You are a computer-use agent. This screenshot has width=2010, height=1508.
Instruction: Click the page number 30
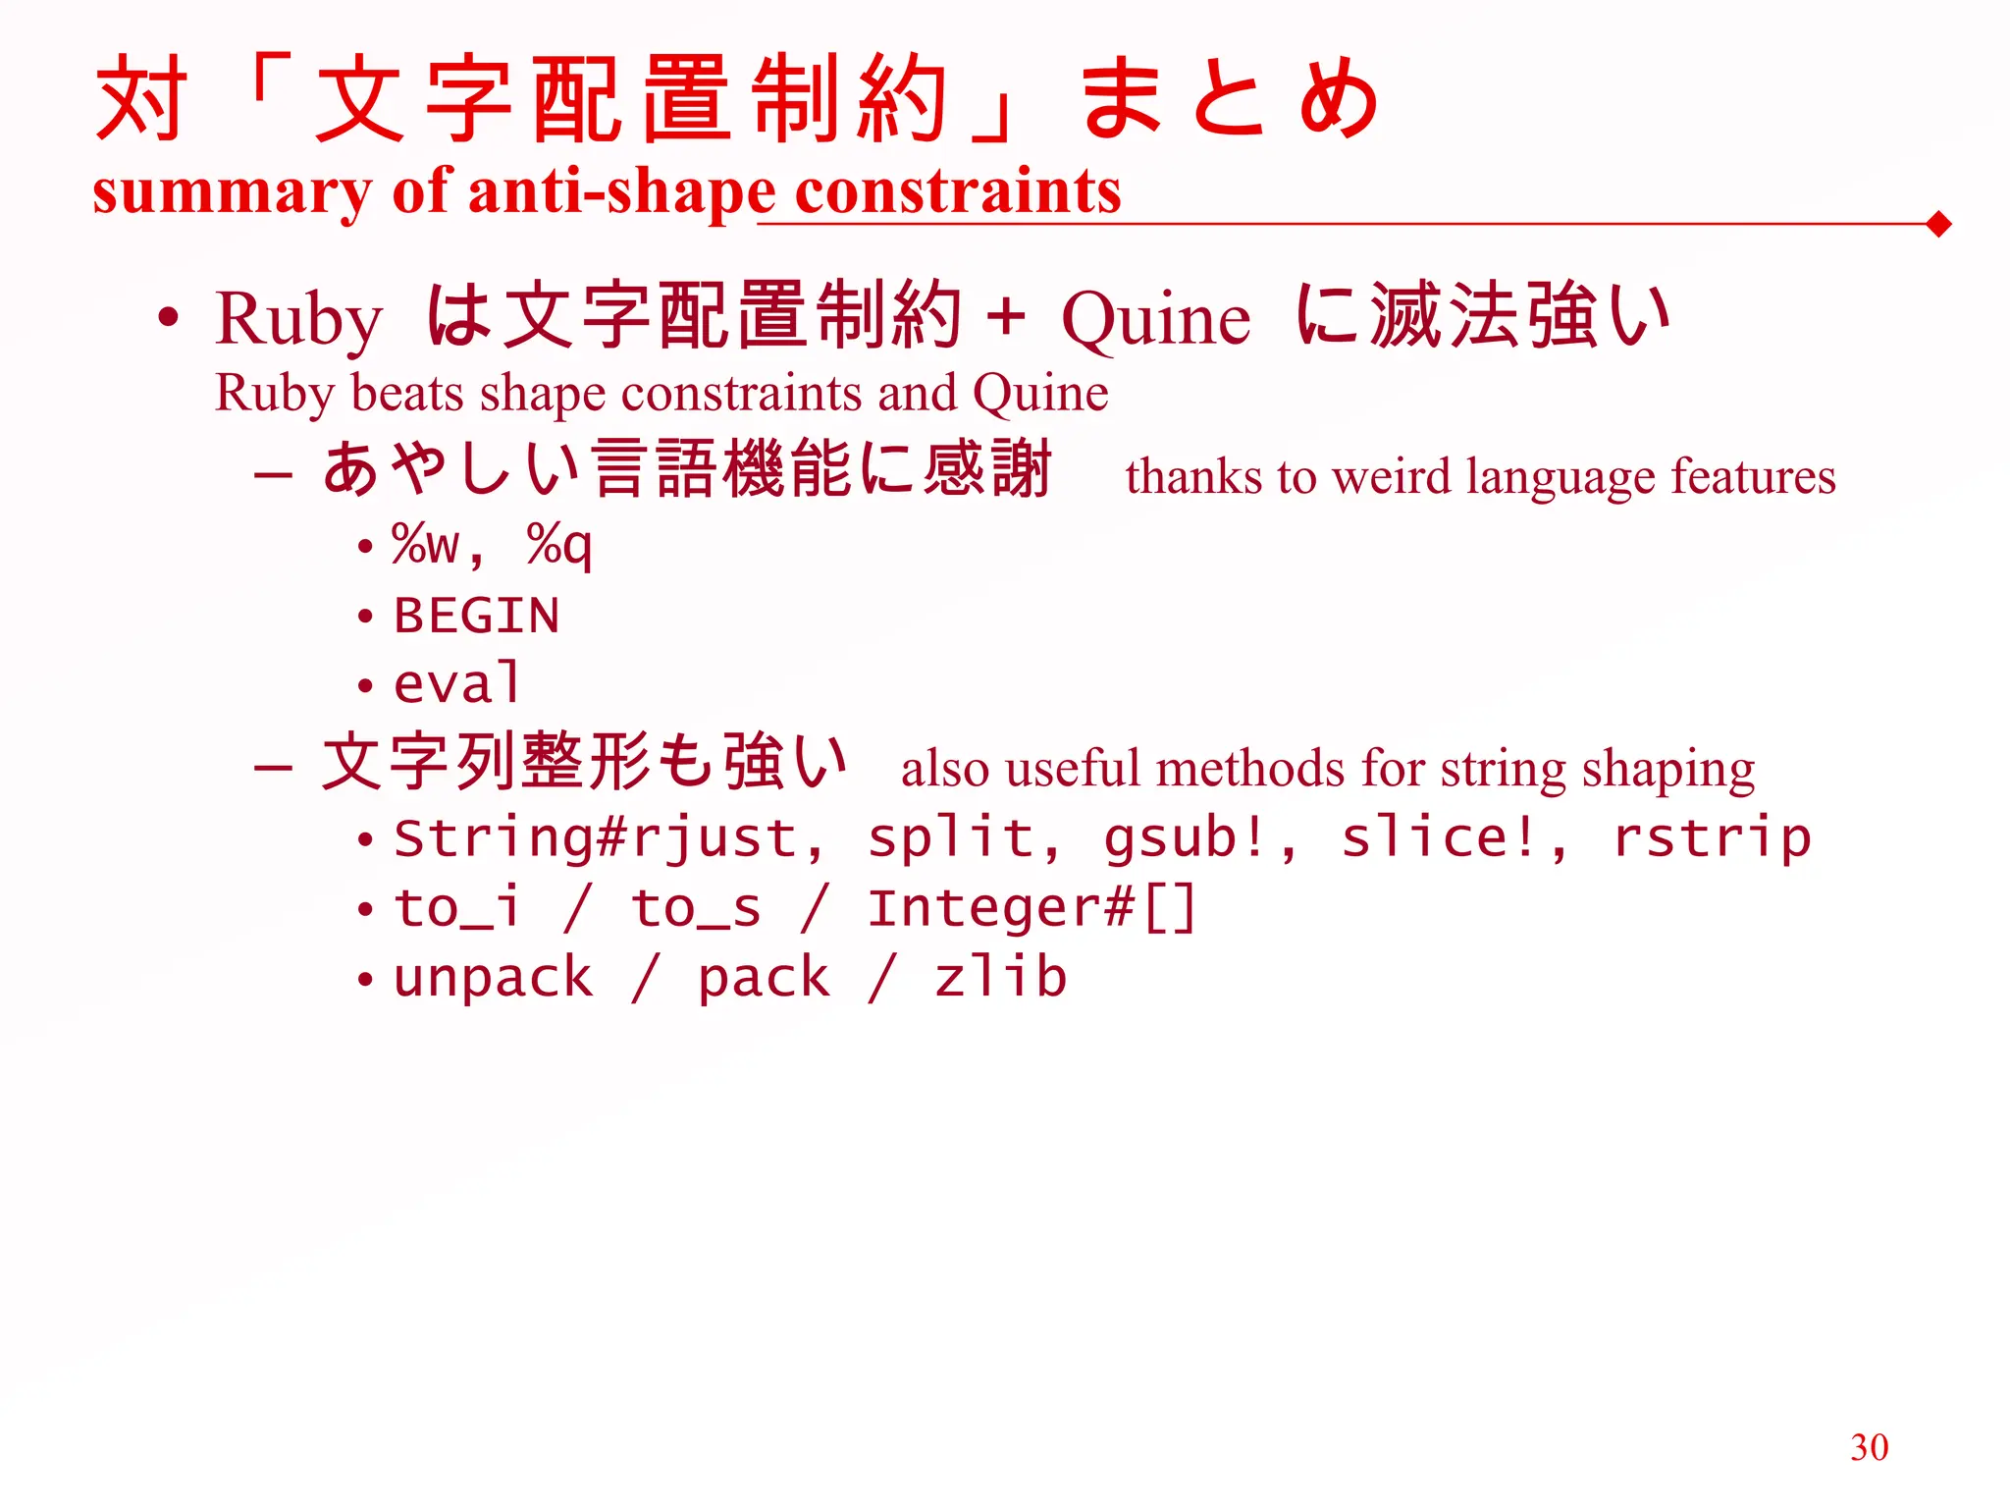(1869, 1447)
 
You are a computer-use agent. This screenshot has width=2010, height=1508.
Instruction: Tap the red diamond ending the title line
(1938, 225)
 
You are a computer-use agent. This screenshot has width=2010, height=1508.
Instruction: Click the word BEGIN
(476, 617)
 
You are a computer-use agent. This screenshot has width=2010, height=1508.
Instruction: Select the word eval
(456, 684)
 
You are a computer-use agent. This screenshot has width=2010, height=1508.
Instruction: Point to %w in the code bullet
(425, 544)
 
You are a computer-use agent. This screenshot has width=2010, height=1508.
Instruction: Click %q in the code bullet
(559, 544)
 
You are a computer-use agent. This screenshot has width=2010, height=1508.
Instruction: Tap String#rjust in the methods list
(595, 838)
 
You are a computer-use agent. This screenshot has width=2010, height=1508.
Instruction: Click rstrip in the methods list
(1712, 838)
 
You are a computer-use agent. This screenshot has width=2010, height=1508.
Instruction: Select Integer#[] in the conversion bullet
(1031, 908)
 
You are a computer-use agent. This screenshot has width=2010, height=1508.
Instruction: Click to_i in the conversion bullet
(456, 908)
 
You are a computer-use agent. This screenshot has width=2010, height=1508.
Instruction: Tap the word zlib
(1000, 978)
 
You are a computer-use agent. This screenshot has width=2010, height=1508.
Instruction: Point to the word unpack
(494, 978)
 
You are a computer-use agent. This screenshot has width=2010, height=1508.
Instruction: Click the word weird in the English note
(1391, 477)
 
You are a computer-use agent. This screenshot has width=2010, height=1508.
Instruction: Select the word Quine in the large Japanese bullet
(1156, 319)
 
